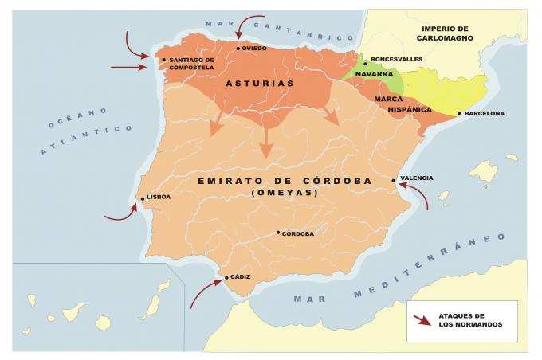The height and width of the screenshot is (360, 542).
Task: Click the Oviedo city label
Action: [254, 49]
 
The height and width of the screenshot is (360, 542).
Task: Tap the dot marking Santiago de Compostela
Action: [163, 60]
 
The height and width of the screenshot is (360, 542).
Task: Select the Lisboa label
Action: [159, 197]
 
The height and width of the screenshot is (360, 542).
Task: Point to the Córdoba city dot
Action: [278, 233]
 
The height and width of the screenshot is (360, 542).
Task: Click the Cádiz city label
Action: [240, 277]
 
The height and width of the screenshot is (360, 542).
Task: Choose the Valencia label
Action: [416, 178]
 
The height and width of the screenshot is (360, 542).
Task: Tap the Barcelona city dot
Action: [459, 114]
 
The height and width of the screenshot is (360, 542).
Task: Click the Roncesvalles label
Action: [396, 60]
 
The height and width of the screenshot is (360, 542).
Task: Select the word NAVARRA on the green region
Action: [374, 74]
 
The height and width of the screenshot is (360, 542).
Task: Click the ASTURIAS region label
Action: [260, 83]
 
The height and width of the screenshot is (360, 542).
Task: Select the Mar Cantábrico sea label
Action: [278, 30]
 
